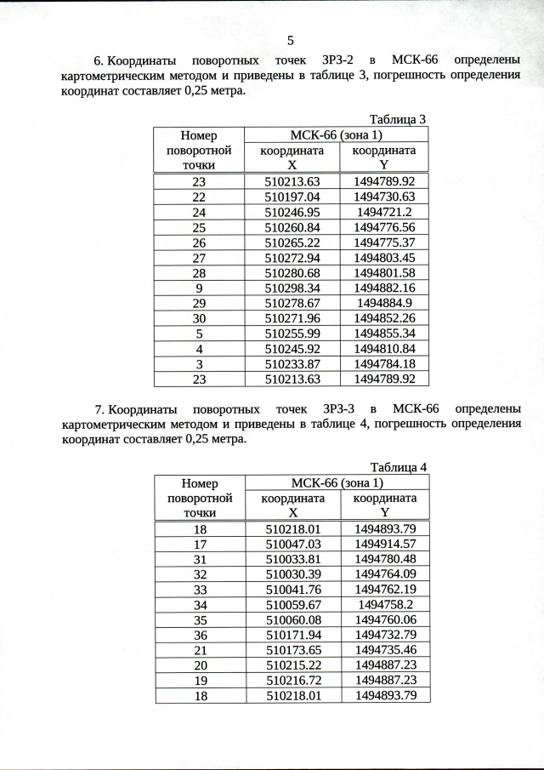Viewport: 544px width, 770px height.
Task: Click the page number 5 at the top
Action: tap(291, 40)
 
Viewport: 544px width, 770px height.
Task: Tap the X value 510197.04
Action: tap(292, 196)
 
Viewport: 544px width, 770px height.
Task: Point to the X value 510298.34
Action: tap(292, 288)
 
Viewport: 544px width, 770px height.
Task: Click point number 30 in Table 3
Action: tap(199, 318)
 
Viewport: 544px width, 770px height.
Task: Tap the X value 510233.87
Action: tap(292, 364)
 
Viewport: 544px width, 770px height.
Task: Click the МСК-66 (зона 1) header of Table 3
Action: tap(336, 134)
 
